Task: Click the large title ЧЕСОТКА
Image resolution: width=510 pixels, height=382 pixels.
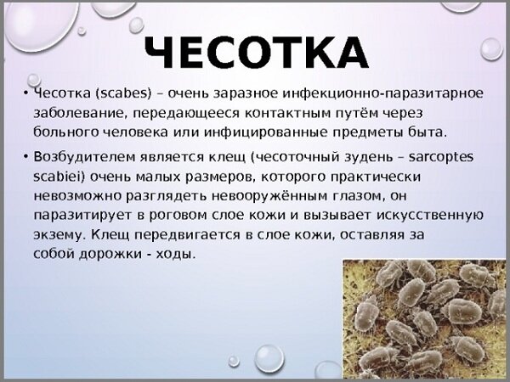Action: pyautogui.click(x=256, y=53)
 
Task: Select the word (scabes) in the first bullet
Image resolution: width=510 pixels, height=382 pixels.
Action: pyautogui.click(x=124, y=93)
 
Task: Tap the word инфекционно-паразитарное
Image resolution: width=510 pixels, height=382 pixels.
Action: pyautogui.click(x=382, y=93)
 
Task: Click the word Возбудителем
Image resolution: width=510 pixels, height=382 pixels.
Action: pyautogui.click(x=84, y=157)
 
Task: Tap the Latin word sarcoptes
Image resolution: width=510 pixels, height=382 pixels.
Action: pyautogui.click(x=441, y=158)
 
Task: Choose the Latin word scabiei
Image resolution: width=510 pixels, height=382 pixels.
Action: pyautogui.click(x=59, y=177)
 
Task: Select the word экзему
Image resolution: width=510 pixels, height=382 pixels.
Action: pyautogui.click(x=59, y=235)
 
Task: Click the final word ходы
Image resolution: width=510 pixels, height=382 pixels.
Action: pyautogui.click(x=176, y=254)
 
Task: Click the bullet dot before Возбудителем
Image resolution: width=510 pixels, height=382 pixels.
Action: pyautogui.click(x=25, y=157)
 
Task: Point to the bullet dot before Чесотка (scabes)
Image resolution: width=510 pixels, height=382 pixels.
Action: pyautogui.click(x=25, y=93)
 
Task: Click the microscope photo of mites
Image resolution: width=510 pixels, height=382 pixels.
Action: pyautogui.click(x=424, y=318)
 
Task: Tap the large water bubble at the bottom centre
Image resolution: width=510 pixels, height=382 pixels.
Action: pyautogui.click(x=269, y=358)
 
